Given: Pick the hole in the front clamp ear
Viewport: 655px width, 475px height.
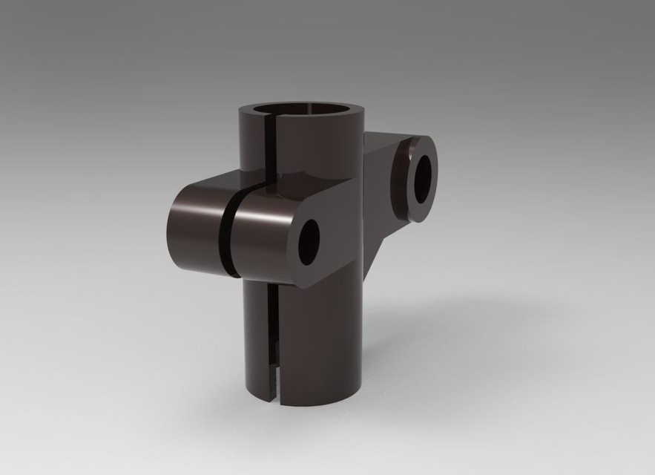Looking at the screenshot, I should tap(309, 242).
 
